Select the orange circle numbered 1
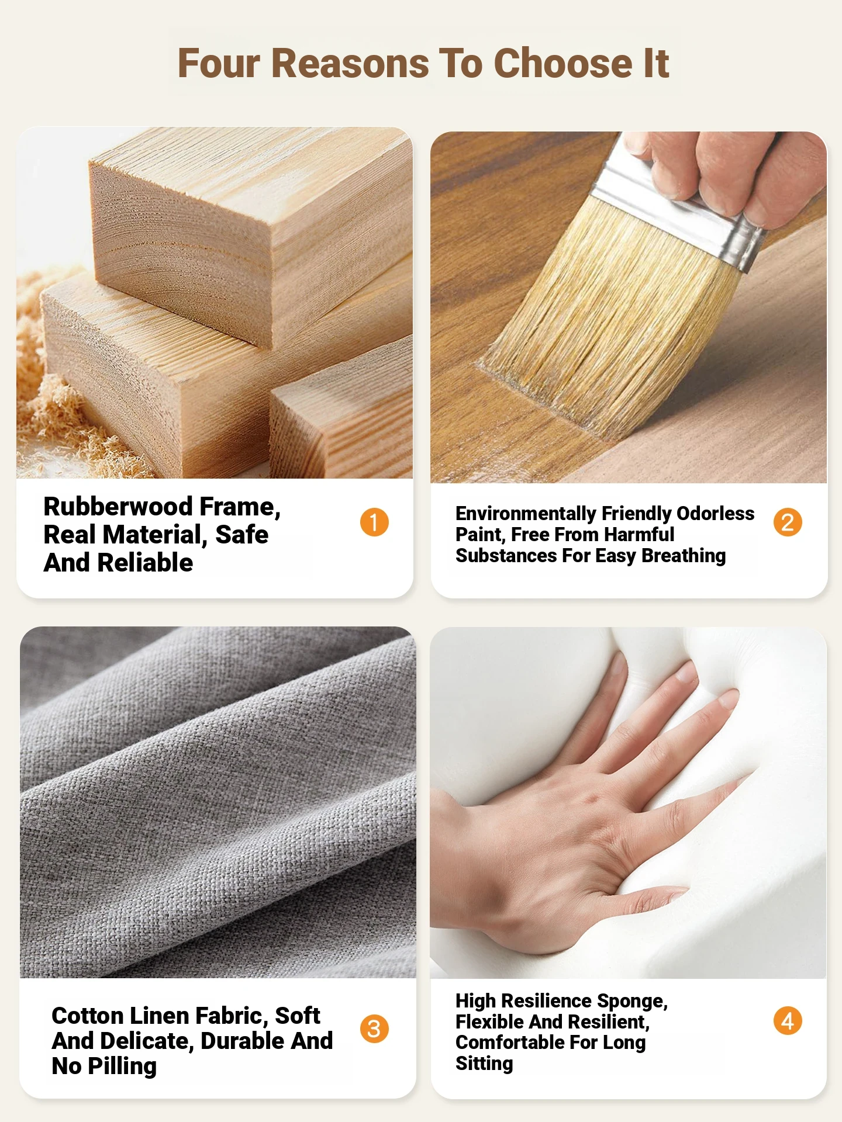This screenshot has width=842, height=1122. [x=374, y=522]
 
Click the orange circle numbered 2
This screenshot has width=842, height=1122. [x=788, y=522]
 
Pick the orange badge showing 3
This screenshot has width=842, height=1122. [x=374, y=1028]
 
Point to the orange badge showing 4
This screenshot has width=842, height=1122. [x=788, y=1021]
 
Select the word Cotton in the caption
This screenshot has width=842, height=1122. [x=87, y=1016]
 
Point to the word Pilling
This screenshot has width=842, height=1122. [x=122, y=1067]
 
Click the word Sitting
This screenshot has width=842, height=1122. [x=484, y=1064]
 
